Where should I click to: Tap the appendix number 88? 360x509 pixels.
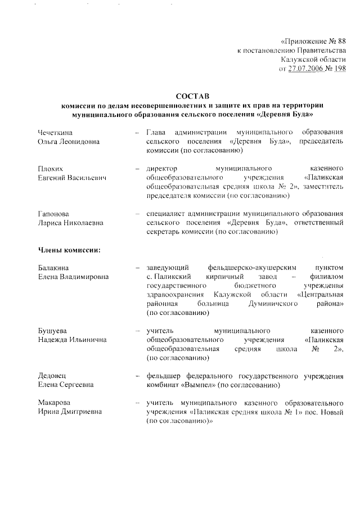(340, 42)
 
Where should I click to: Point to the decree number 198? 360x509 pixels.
(340, 69)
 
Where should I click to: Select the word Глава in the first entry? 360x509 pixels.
(156, 132)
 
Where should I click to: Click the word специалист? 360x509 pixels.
(165, 214)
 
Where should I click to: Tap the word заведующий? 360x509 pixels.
(166, 268)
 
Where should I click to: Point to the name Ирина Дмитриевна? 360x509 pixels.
(70, 413)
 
